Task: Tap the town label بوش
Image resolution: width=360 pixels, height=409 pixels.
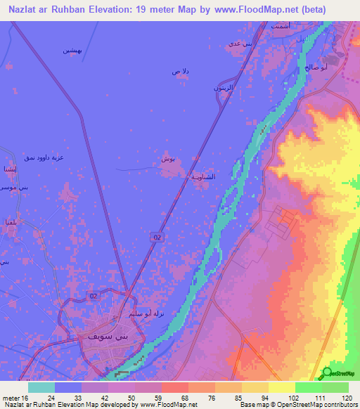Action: click(x=167, y=160)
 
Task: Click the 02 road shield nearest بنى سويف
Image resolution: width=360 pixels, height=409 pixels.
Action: click(x=94, y=297)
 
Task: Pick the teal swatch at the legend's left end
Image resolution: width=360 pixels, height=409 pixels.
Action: click(x=41, y=387)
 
